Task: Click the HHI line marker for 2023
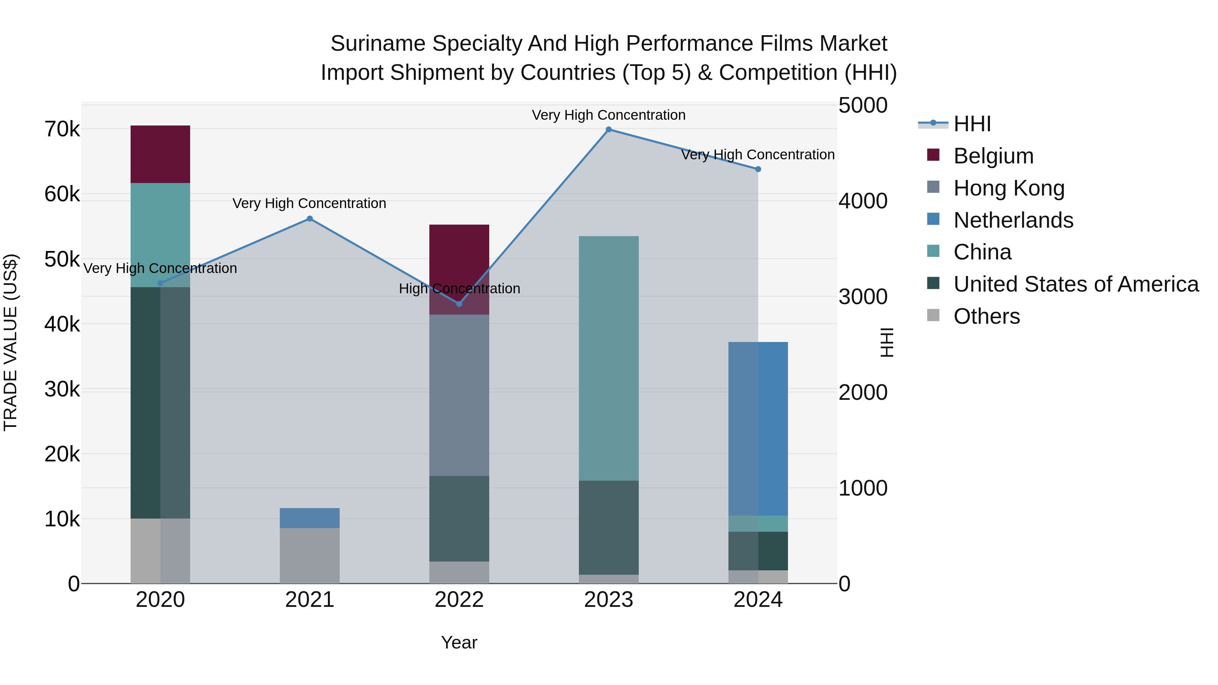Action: [609, 130]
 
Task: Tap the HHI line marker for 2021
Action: [310, 219]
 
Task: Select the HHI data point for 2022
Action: [459, 303]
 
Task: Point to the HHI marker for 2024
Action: [758, 169]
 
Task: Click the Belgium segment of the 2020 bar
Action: [160, 154]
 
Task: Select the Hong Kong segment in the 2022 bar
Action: [459, 395]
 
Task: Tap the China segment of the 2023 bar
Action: [609, 358]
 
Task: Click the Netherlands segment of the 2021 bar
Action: [310, 518]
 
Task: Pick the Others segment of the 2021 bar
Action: [310, 555]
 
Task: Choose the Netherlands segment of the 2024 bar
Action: [758, 428]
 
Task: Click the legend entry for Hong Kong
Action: [1009, 188]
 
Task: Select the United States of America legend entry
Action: [1076, 284]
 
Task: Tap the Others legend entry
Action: [986, 316]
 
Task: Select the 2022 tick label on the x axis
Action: [459, 600]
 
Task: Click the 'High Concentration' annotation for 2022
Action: [459, 288]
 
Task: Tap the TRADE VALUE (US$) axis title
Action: [10, 342]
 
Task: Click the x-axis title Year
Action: [459, 642]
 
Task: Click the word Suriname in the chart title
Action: [378, 44]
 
